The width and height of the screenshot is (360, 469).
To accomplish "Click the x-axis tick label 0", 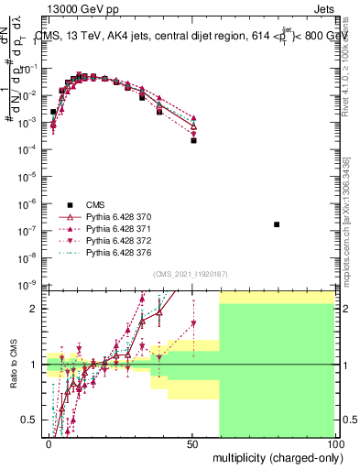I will click(49, 443).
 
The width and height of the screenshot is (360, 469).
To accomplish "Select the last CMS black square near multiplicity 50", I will click(193, 140).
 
